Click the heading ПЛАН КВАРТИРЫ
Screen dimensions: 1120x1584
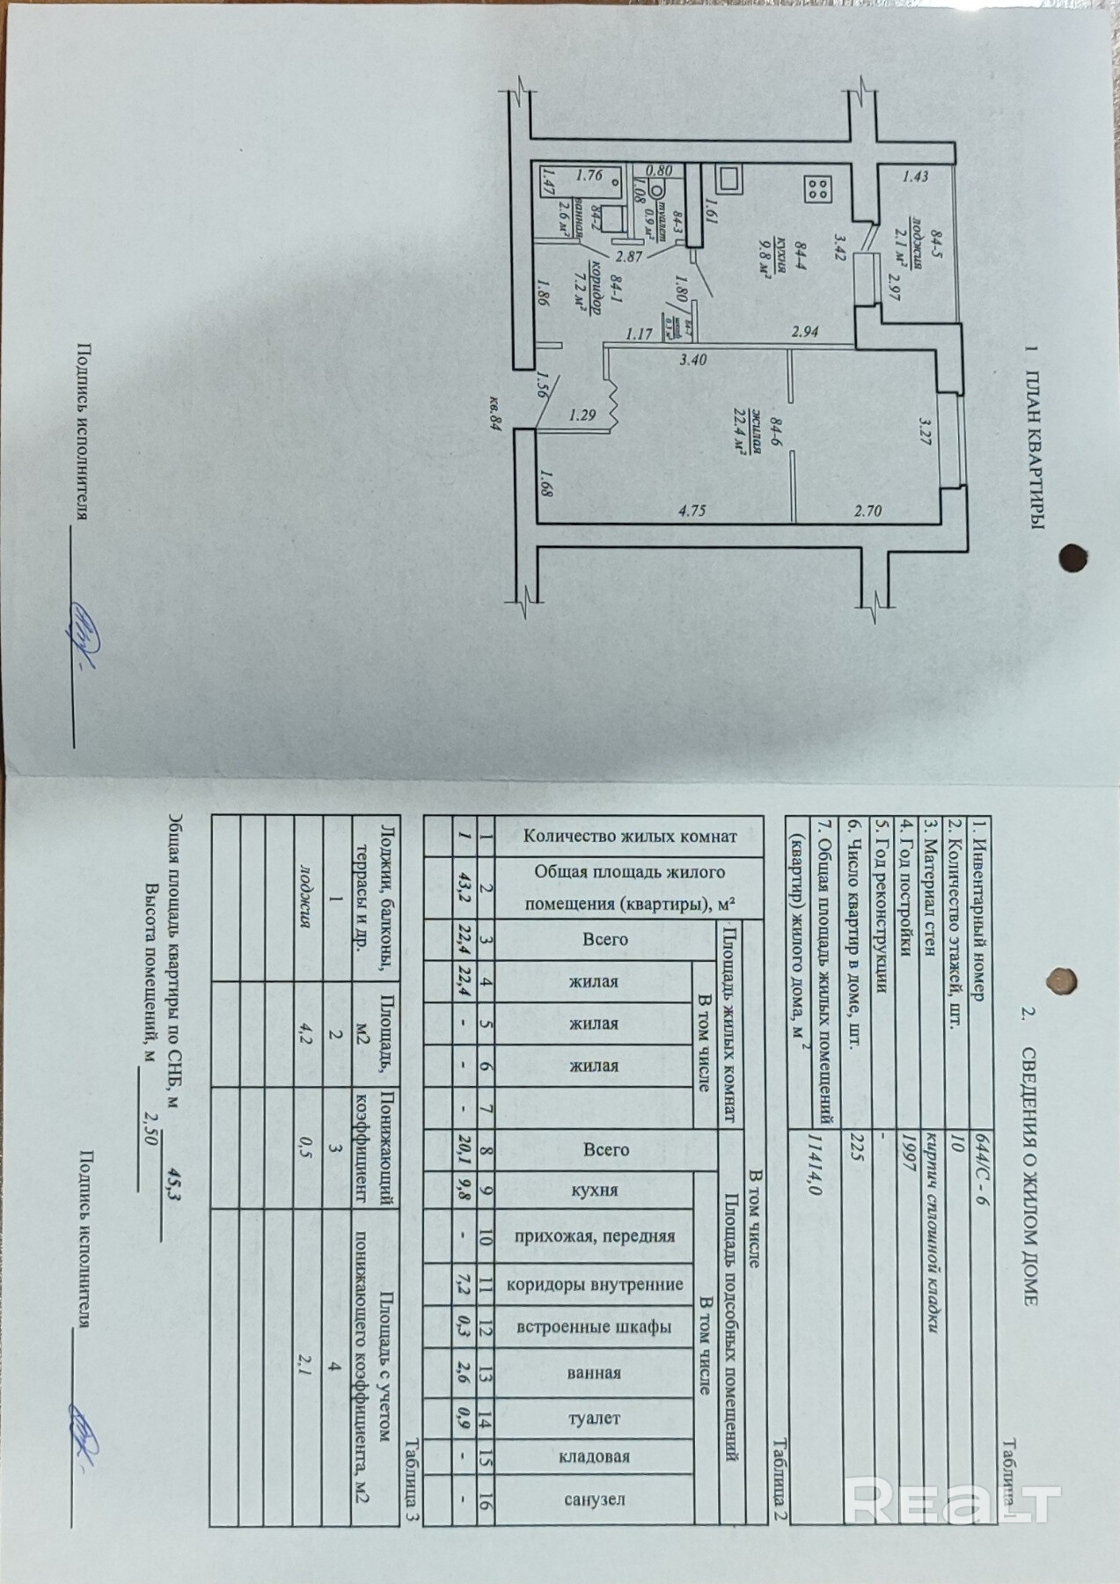[x=1035, y=436]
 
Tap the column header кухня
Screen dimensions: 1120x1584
[x=595, y=1190]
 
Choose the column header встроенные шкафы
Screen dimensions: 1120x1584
[x=595, y=1326]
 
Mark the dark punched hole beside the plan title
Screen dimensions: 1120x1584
[x=1072, y=557]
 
